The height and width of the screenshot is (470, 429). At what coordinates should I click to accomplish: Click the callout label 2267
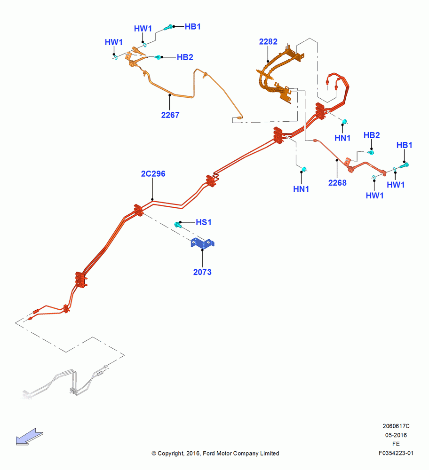pos(170,115)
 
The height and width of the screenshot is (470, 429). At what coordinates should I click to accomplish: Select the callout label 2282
pos(268,42)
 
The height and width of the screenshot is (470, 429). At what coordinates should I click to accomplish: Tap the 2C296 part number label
pos(153,174)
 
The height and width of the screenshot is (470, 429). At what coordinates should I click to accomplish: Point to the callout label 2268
pos(337,183)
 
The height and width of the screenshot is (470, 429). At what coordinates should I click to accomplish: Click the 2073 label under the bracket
pos(202,272)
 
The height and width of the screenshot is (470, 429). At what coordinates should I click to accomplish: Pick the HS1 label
pos(203,222)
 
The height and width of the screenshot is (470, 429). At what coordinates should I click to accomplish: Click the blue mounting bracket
pos(202,243)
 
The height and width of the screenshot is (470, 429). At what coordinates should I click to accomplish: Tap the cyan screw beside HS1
pos(178,225)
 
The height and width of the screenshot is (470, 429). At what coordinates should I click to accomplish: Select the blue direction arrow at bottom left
pos(30,437)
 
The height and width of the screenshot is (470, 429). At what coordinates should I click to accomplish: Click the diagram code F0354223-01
pos(396,453)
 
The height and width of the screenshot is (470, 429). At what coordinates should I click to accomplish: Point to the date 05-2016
pos(396,435)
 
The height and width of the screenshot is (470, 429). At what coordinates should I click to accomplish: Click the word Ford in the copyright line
pos(209,454)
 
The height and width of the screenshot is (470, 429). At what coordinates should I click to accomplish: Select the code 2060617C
pos(396,426)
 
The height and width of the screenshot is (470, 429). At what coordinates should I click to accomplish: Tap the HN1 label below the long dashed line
pos(301,189)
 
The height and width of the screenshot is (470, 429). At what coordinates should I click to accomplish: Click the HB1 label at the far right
pos(404,145)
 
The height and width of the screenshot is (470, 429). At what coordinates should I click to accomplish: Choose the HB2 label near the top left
pos(185,57)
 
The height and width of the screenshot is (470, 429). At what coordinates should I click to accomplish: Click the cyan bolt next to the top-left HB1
pos(168,28)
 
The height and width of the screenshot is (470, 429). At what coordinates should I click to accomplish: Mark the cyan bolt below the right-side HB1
pos(404,165)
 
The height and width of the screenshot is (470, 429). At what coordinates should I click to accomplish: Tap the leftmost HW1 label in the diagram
pos(113,42)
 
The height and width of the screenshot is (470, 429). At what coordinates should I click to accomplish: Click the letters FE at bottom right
pos(396,444)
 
